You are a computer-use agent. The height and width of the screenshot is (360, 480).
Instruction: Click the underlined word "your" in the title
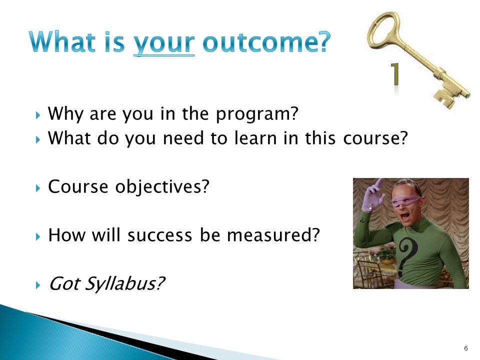tap(164, 43)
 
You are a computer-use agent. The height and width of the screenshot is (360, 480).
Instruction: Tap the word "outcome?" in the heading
tap(266, 41)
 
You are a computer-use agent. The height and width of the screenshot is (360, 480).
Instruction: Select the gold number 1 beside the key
tap(395, 74)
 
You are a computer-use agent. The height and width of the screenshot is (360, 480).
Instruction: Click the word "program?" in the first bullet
tap(257, 114)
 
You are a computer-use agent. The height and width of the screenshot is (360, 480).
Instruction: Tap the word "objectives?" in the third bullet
tap(162, 186)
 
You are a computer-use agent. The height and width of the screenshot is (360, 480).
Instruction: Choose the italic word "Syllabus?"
tap(124, 284)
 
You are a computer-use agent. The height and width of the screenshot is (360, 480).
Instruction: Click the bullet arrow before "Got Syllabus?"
tap(38, 285)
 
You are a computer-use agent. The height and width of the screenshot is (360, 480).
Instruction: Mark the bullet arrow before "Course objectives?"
tap(38, 188)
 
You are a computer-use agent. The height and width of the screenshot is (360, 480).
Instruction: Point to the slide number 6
tap(466, 348)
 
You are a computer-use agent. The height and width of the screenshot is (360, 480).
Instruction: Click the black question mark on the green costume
tap(406, 255)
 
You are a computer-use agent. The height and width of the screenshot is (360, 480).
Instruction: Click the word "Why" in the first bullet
tap(65, 114)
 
